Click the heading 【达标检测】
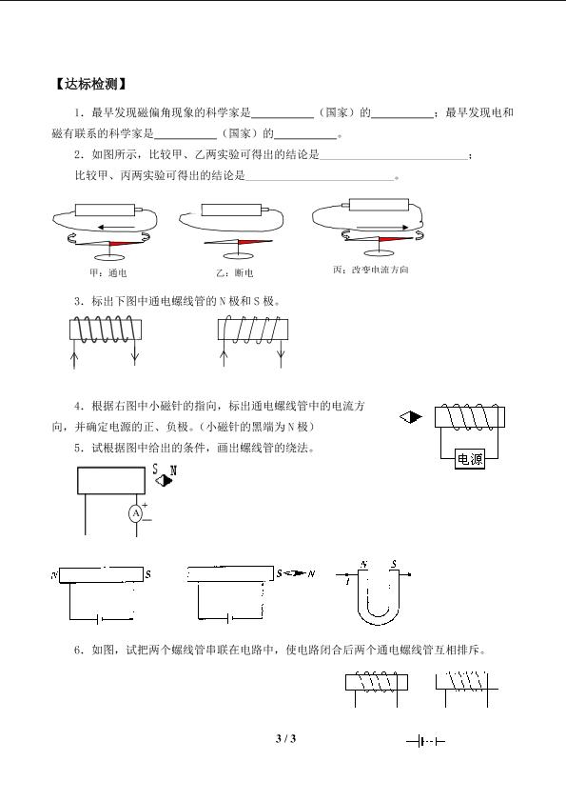coord(89,84)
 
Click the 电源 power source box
coord(470,459)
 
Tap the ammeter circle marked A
coord(136,513)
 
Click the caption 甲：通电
coord(107,272)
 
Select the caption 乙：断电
coord(234,272)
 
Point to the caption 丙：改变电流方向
coord(371,270)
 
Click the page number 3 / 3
coord(285,738)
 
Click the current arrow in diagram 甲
coord(116,227)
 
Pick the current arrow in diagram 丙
coord(382,227)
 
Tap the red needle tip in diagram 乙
coord(254,242)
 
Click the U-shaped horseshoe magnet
coord(379,598)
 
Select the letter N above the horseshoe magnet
coord(363,565)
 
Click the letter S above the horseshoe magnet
coord(394,565)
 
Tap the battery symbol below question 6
coord(425,741)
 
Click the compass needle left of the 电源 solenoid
coord(411,417)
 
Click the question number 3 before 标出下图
coord(78,301)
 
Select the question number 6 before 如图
coord(78,651)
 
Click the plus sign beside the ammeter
coord(145,505)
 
